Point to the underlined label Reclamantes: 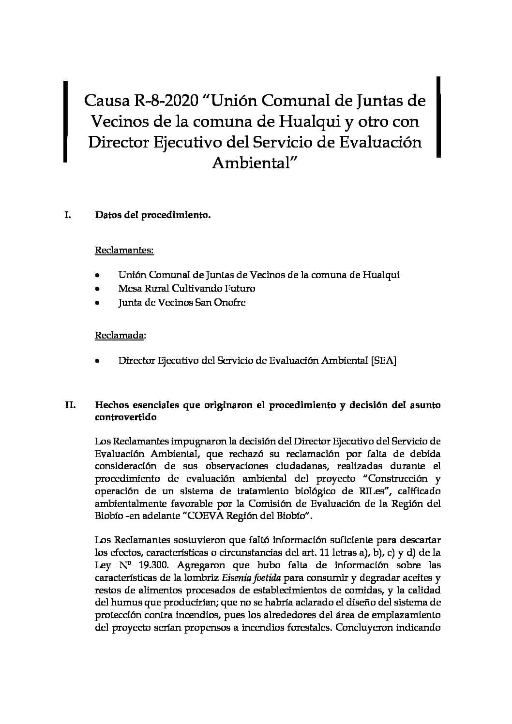[x=124, y=251]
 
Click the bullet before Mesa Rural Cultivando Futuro [x=98, y=289]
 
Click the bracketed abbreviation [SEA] [x=383, y=361]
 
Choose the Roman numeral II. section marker [x=70, y=405]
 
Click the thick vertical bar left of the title [x=65, y=121]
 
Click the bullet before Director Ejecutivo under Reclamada [x=98, y=361]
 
